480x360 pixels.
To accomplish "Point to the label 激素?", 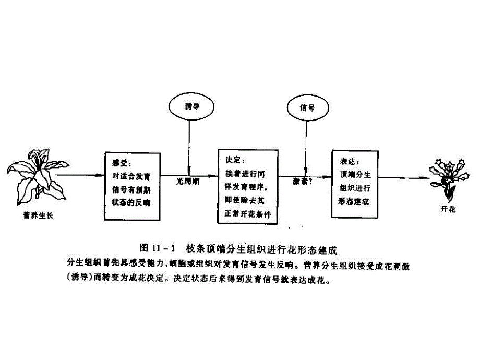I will (x=303, y=182).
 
